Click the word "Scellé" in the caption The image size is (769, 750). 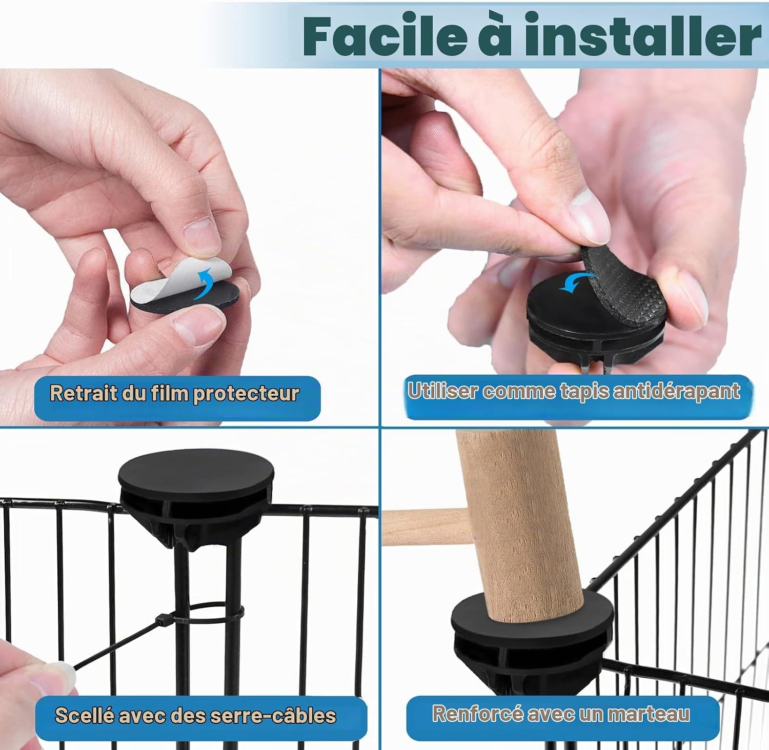click(84, 715)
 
